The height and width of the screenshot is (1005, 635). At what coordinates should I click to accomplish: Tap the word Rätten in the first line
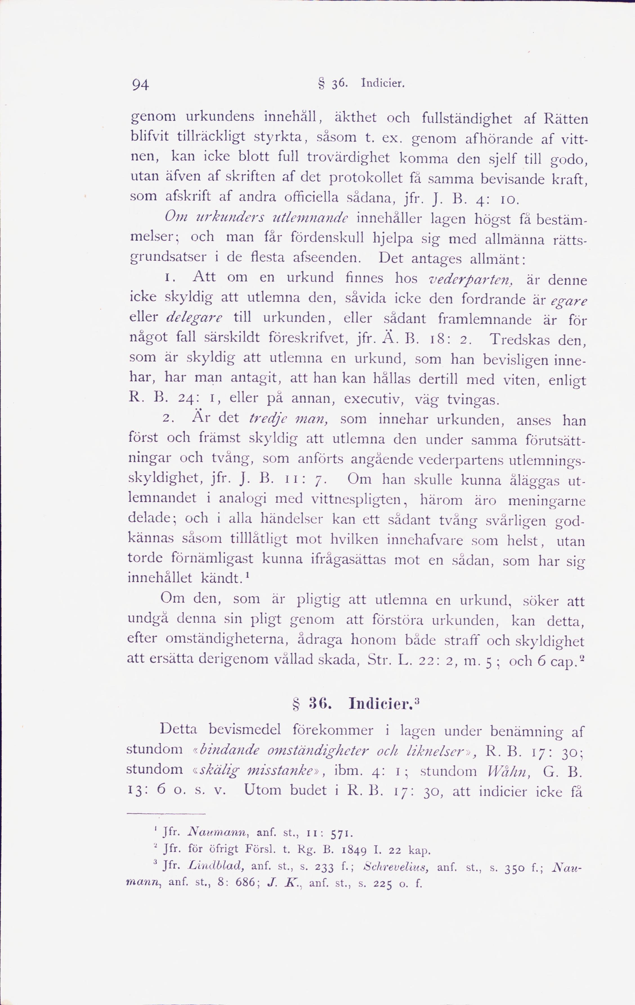click(x=566, y=119)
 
